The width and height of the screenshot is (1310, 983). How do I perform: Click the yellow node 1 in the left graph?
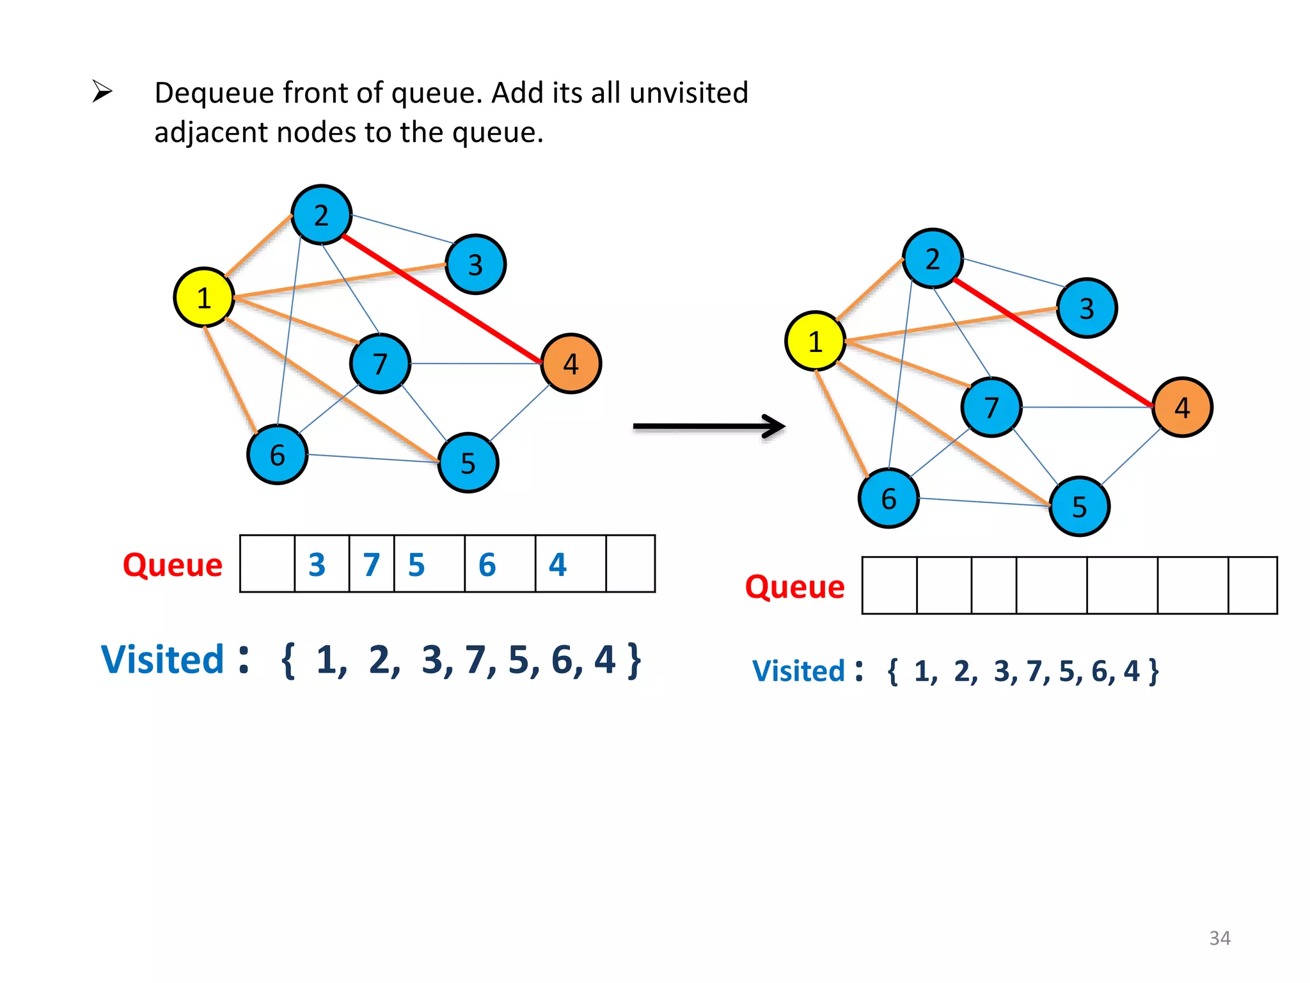[203, 298]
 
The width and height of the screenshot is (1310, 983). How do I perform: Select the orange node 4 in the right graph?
[1181, 407]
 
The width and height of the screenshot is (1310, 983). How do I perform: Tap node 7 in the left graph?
[380, 364]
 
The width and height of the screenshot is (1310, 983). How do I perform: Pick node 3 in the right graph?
[1086, 308]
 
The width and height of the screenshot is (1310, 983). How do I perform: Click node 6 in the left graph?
[277, 455]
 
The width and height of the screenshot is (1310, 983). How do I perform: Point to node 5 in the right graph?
[1079, 507]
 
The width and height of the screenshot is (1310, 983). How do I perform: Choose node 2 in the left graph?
[321, 215]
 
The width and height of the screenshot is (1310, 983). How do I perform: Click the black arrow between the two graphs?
[709, 426]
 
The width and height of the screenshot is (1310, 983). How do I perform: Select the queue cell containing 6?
[499, 564]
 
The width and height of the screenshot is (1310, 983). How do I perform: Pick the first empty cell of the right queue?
[889, 585]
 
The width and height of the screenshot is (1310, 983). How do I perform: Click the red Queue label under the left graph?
[173, 565]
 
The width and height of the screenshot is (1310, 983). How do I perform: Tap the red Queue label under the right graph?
[794, 587]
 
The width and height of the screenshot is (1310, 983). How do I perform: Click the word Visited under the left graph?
[162, 660]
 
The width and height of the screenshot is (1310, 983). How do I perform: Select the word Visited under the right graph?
[799, 671]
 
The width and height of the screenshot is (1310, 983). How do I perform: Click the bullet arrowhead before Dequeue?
[102, 92]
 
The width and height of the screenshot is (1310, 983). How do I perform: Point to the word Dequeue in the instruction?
[215, 93]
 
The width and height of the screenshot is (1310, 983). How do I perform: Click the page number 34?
[1219, 938]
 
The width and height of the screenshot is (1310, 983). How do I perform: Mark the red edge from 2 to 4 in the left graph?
[441, 299]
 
